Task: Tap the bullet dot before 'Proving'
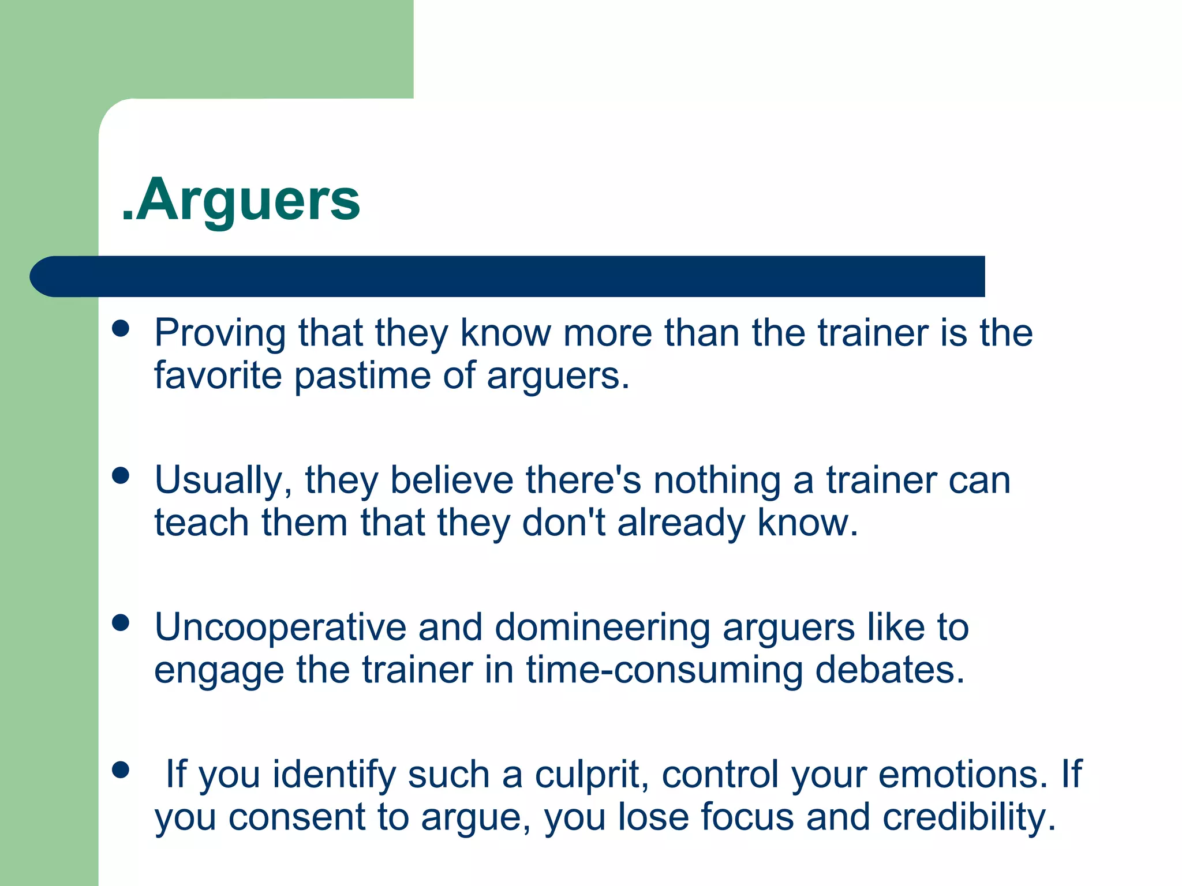pyautogui.click(x=121, y=329)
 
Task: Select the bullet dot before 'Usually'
pyautogui.click(x=121, y=476)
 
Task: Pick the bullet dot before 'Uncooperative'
pyautogui.click(x=121, y=623)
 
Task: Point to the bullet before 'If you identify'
pyautogui.click(x=121, y=770)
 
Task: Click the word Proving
pyautogui.click(x=220, y=335)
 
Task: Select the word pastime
pyautogui.click(x=362, y=376)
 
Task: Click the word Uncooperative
pyautogui.click(x=280, y=629)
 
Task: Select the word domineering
pyautogui.click(x=602, y=629)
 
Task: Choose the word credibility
pyautogui.click(x=969, y=818)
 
